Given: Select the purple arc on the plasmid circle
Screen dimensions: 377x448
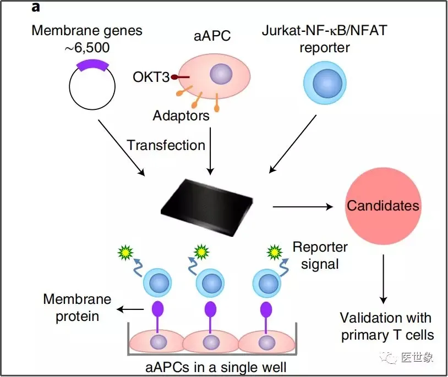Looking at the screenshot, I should click(x=92, y=65).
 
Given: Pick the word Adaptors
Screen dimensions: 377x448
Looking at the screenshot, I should click(x=181, y=116).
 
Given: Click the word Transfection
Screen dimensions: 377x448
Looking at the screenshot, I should click(x=166, y=145).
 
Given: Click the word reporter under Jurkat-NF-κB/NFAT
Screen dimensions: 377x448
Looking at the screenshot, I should click(x=324, y=47).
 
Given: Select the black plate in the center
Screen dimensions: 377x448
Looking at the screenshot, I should click(x=215, y=206).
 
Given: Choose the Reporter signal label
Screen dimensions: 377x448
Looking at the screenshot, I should click(x=320, y=255).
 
